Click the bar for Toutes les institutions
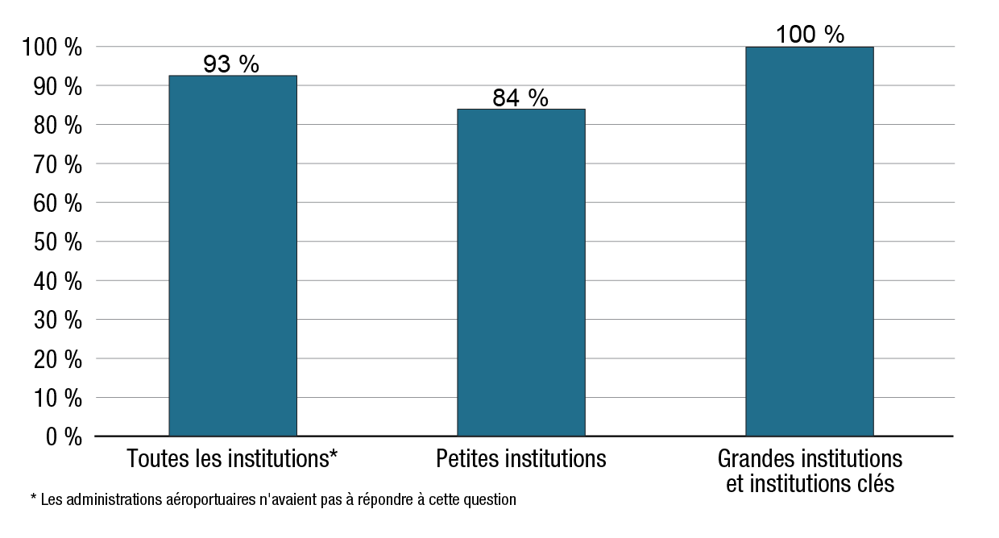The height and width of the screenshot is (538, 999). coord(233,255)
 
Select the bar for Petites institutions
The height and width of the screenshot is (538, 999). coord(520,272)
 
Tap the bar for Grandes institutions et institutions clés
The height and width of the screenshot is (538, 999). coord(809,241)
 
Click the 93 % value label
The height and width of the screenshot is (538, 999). coord(231,64)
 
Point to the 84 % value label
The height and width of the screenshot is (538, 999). coord(520,98)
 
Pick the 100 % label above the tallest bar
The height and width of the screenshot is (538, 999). coord(810,35)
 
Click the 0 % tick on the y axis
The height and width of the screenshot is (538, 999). coord(63,437)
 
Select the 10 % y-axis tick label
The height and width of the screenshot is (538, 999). coord(58,399)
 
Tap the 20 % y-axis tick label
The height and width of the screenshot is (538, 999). coord(58,359)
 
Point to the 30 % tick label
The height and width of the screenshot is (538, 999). coord(58,321)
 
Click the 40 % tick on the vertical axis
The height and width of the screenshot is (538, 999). coord(58,282)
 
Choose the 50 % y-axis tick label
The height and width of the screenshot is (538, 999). coord(58,242)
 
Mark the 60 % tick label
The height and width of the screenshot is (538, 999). coord(58,204)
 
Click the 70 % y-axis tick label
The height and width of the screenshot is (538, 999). coord(58,165)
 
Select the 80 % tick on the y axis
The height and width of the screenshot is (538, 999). coord(58,126)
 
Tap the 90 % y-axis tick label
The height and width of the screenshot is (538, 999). coord(58,87)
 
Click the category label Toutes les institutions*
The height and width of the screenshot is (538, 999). coord(232,459)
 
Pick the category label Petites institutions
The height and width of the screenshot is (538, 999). coord(520,459)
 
